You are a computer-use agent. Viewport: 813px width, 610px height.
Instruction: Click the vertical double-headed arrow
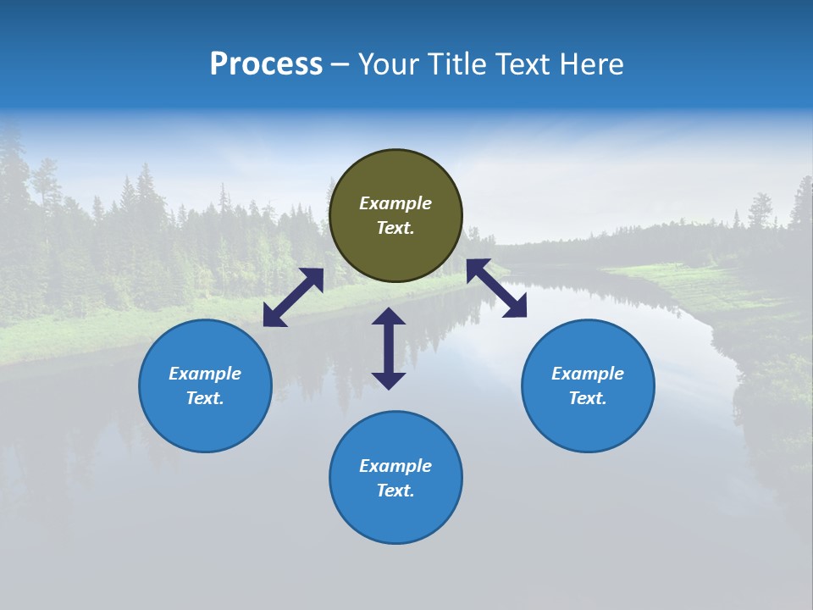[x=389, y=348]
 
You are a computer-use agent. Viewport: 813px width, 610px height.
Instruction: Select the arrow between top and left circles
[x=293, y=297]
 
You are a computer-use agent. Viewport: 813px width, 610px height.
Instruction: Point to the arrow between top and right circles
[x=496, y=288]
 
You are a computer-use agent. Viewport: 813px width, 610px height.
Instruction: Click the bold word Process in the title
[x=266, y=64]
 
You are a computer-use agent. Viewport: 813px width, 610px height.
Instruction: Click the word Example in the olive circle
[x=395, y=203]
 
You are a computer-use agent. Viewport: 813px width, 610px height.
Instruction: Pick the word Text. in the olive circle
[x=395, y=228]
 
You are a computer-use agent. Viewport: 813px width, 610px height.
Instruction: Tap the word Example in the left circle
[x=205, y=374]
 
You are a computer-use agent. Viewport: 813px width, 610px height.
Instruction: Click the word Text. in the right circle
[x=588, y=398]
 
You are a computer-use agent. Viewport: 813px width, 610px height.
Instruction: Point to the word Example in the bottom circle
[x=395, y=466]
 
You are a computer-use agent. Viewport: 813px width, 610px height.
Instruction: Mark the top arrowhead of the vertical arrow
[x=389, y=316]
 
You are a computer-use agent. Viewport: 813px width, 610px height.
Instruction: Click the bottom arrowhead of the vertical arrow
[x=389, y=380]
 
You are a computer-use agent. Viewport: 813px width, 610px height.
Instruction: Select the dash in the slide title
[x=340, y=64]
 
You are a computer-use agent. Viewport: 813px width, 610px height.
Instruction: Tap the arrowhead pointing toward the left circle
[x=273, y=317]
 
